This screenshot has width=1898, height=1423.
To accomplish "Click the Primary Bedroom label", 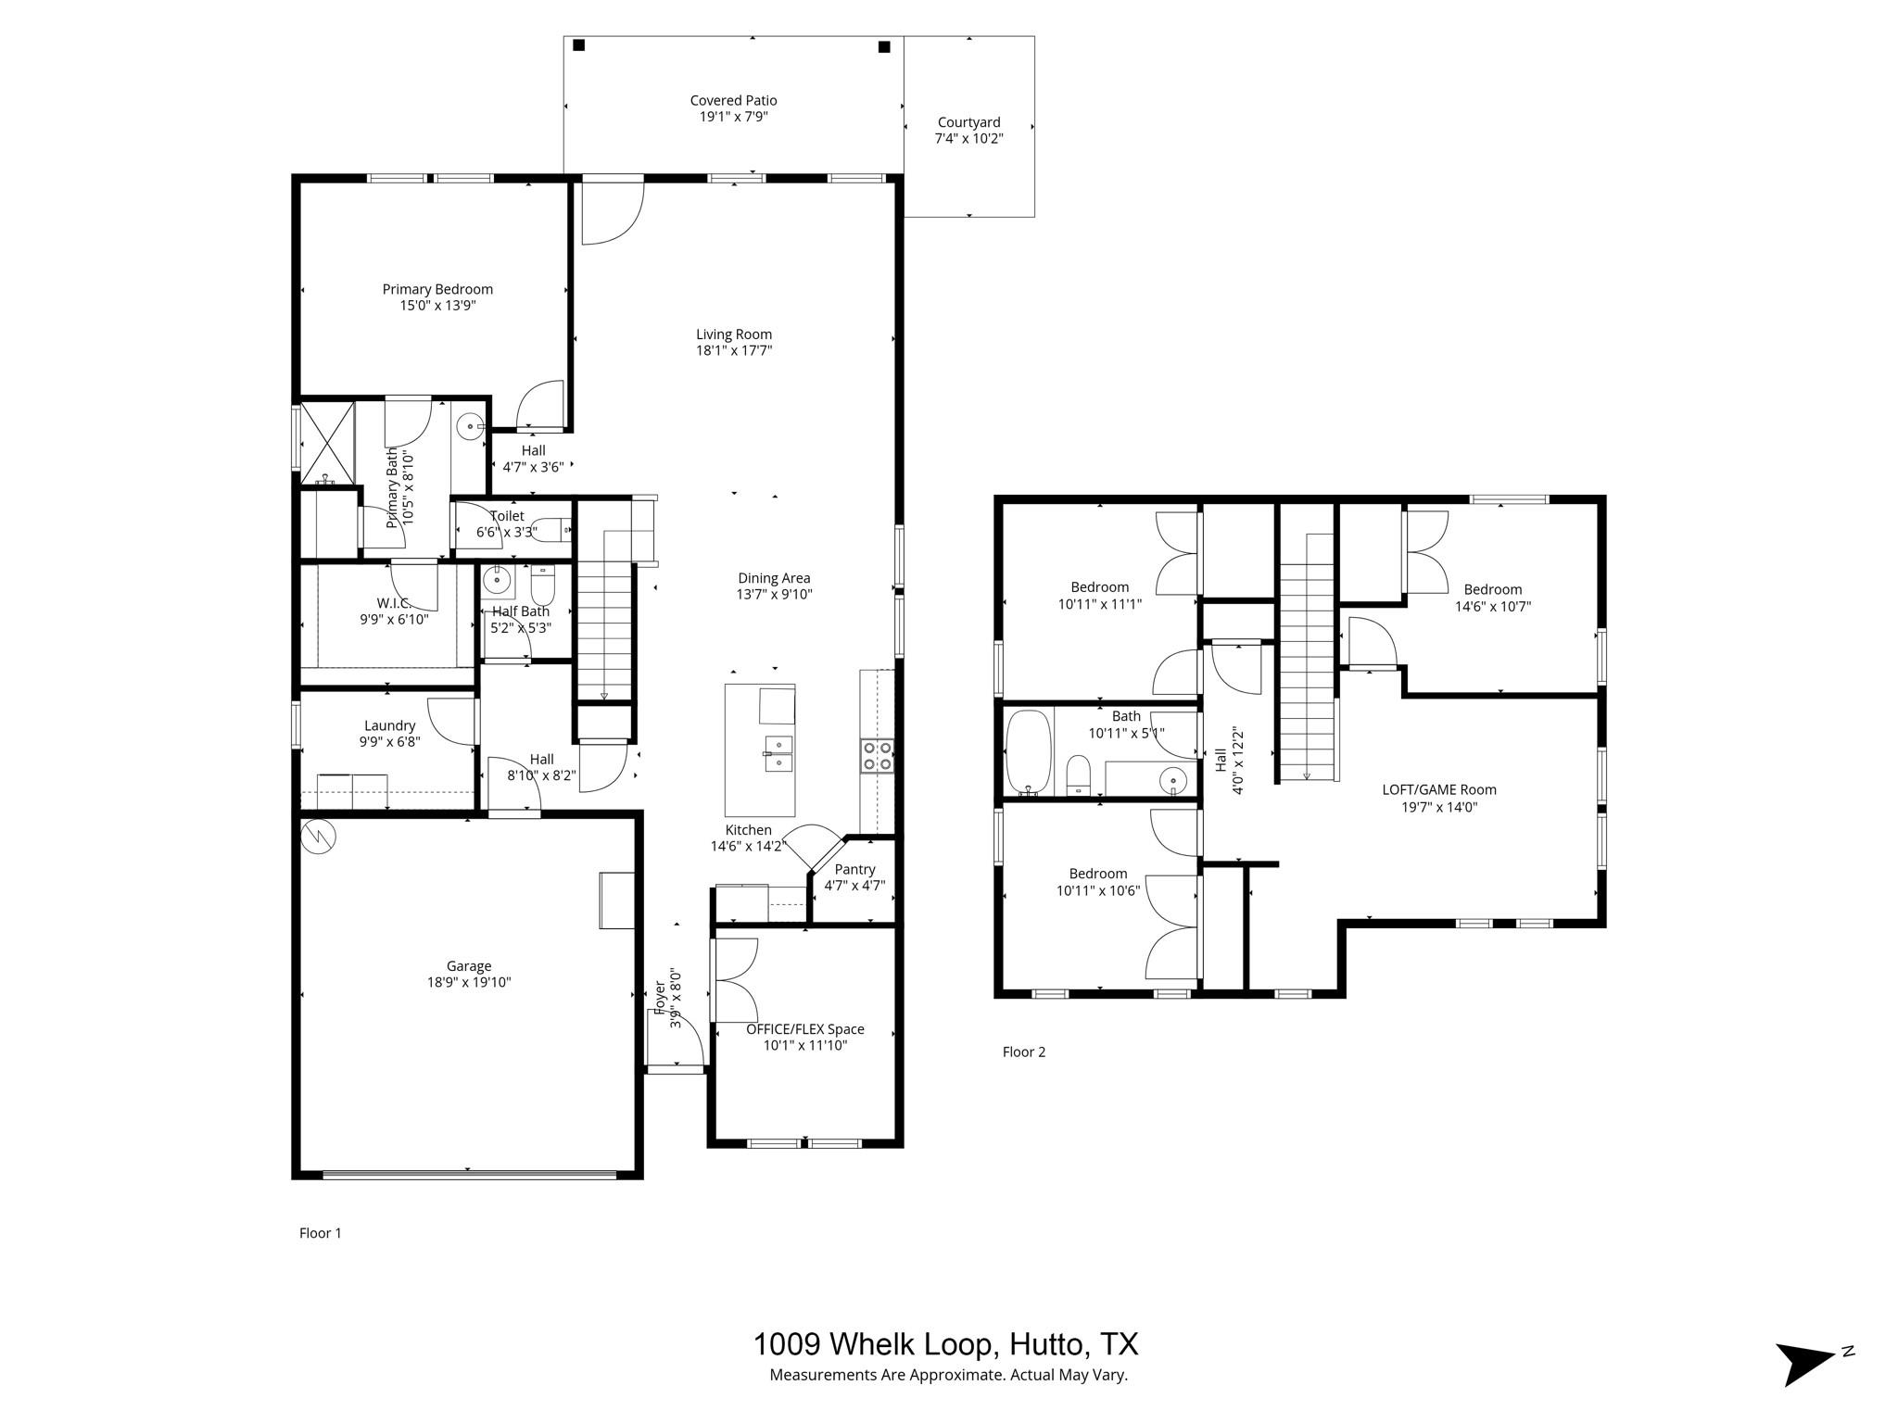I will tap(437, 289).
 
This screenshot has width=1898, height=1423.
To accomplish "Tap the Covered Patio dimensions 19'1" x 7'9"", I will tap(733, 117).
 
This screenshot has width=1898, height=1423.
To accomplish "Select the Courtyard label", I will tap(968, 122).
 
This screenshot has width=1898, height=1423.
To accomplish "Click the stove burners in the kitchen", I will tap(877, 755).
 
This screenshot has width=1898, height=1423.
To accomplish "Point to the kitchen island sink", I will tap(778, 753).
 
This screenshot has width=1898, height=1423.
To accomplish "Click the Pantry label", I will tap(854, 869).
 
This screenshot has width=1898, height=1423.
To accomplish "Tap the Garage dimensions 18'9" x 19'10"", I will tap(468, 982).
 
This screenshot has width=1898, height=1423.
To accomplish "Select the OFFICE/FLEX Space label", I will tap(804, 1028).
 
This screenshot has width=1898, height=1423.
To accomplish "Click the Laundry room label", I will tap(389, 725).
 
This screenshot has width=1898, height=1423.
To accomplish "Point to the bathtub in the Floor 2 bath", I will tap(1029, 751).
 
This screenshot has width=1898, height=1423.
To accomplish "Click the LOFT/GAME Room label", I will tap(1438, 789).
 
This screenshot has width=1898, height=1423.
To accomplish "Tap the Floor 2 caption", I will tap(1023, 1052).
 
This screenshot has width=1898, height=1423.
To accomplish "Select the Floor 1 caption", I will tap(320, 1233).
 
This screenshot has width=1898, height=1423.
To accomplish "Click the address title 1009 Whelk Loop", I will tap(944, 1343).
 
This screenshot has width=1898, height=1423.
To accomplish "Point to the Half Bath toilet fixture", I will tap(542, 586).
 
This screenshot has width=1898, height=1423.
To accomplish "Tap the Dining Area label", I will tap(774, 578).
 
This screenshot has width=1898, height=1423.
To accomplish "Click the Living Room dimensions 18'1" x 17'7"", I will tap(733, 350).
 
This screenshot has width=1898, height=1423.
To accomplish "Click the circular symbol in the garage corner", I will tap(319, 837).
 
